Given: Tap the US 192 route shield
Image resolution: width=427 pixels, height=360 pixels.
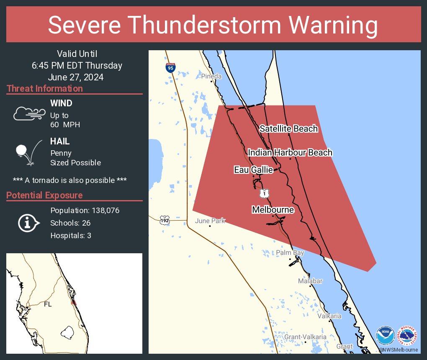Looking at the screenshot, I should pos(165,219).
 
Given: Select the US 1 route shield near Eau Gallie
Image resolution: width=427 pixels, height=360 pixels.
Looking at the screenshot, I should pos(264,193).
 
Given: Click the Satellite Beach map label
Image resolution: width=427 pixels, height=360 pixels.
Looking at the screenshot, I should pos(288,129).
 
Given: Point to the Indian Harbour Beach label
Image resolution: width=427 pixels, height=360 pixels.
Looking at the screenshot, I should pos(290,152).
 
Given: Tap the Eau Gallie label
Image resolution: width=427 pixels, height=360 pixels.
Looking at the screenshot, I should pos(253,170).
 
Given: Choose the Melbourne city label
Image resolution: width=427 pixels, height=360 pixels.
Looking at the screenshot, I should pos(273,210).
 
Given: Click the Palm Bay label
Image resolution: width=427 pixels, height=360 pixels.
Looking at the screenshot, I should pos(290,252).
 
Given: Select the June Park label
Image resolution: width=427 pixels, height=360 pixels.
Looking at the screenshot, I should pos(210,221).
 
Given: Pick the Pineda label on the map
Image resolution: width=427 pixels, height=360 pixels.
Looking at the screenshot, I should pos(211,76).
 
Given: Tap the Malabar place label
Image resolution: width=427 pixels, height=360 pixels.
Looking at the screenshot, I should pos(310,281).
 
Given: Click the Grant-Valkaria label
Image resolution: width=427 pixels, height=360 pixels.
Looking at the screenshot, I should pos(305,337).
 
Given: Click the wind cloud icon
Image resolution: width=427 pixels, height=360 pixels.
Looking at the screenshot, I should pos(29,113).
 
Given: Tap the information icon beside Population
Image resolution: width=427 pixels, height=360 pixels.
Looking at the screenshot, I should pos(28,223).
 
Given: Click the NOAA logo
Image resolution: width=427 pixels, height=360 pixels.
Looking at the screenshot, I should pos(385,336).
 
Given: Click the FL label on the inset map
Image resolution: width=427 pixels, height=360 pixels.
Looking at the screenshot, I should pos(48,304).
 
